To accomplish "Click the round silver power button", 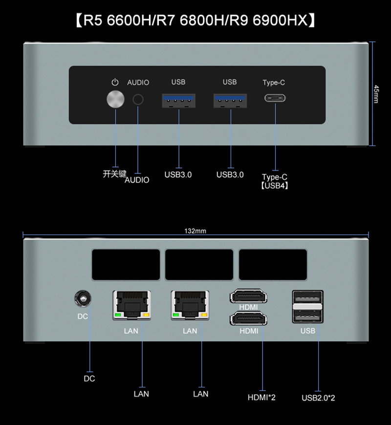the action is click(115, 99).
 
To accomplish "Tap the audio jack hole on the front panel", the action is click(138, 100).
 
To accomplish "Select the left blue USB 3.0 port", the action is click(179, 101).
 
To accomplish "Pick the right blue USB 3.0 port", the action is click(230, 101).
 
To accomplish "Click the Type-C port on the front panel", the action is click(275, 98).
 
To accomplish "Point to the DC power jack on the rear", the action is click(83, 298).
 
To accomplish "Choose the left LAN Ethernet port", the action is click(132, 305).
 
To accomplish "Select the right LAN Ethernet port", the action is click(190, 305).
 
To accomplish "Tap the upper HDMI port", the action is click(248, 296).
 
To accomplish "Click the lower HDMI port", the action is click(248, 319).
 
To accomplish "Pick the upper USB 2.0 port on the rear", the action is click(307, 298).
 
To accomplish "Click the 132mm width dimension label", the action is click(195, 231).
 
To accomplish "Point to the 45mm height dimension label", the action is click(376, 94).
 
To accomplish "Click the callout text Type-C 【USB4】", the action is click(274, 181).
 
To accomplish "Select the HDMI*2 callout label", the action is click(261, 397).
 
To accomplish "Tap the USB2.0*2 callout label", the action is click(318, 398).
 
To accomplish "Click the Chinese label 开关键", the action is click(114, 174).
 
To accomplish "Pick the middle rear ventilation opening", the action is click(199, 265).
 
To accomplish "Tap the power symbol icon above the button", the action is click(115, 82).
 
